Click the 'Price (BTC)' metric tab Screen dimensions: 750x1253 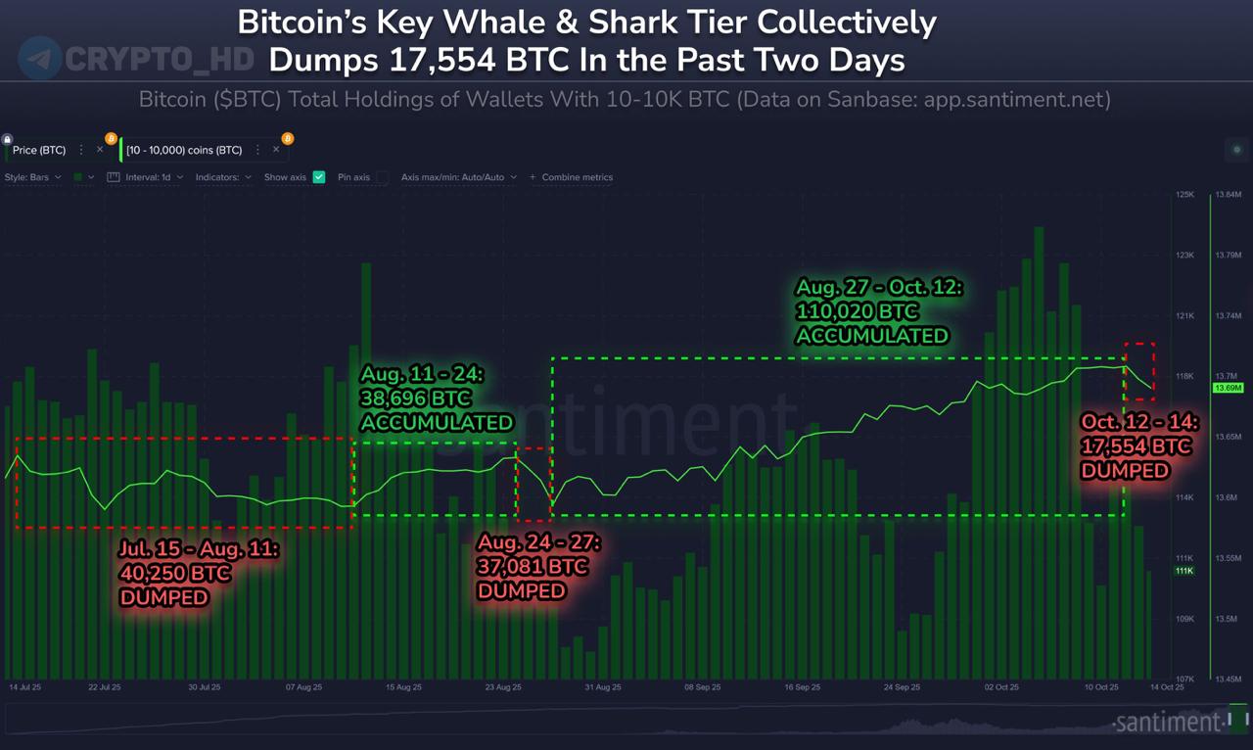point(39,151)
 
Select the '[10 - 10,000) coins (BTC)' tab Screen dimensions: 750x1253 point(184,151)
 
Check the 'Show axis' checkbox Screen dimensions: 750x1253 point(319,177)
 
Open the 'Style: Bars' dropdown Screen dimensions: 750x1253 point(32,177)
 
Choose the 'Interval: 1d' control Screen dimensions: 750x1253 point(147,177)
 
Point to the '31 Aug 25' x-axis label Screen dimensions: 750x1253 point(603,687)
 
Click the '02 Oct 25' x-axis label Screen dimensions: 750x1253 point(1000,687)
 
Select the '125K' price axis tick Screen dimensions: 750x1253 point(1184,195)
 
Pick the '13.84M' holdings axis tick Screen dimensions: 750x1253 point(1228,195)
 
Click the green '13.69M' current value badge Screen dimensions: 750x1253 point(1228,389)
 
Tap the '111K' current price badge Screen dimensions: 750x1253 point(1183,571)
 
